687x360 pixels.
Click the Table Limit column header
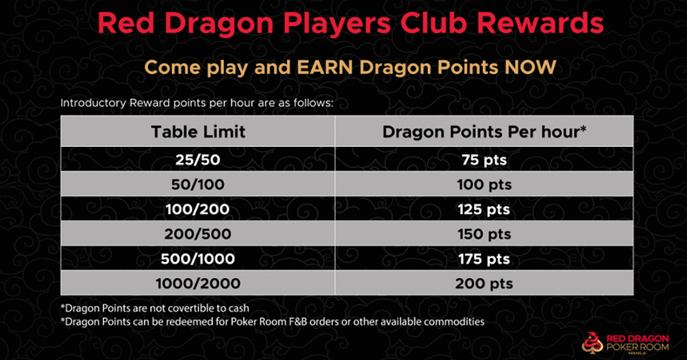(x=198, y=132)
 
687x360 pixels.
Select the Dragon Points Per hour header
(x=483, y=132)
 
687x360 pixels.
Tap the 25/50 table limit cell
(x=198, y=160)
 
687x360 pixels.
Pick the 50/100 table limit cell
(x=198, y=184)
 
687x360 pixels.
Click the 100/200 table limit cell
(x=198, y=209)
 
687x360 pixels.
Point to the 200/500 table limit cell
(x=198, y=234)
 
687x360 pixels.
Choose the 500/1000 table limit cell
(x=198, y=259)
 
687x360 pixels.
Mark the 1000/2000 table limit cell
(x=198, y=284)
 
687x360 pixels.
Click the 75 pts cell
(x=483, y=160)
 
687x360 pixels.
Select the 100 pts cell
(x=483, y=184)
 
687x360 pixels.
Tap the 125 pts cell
(x=483, y=209)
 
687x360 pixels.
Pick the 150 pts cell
(x=483, y=234)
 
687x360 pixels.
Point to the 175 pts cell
(x=483, y=259)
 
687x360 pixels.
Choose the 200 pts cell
(x=483, y=284)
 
